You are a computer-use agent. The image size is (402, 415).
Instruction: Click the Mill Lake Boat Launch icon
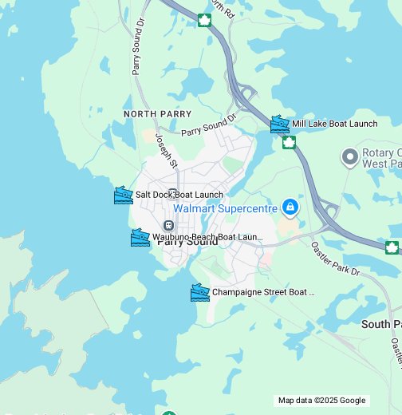click(279, 124)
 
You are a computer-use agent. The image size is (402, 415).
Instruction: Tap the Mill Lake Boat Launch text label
click(334, 124)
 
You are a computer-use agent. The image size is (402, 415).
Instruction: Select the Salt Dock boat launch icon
click(123, 195)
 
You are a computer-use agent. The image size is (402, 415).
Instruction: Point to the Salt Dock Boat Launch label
click(179, 195)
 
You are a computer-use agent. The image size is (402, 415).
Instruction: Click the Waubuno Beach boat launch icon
click(140, 237)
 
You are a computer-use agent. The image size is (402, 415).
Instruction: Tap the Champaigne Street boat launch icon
click(199, 292)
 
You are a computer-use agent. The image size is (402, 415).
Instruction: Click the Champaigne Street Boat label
click(263, 292)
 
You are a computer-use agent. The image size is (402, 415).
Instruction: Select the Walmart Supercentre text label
click(226, 208)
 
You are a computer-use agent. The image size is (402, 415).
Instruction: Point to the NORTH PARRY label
click(158, 114)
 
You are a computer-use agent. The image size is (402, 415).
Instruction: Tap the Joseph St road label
click(166, 152)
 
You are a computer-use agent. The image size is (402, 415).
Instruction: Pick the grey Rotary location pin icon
click(349, 156)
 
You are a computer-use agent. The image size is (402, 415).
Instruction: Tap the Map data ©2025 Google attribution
click(321, 401)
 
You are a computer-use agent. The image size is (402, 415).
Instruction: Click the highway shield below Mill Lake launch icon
click(289, 143)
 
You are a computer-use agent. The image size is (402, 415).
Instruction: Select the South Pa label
click(380, 324)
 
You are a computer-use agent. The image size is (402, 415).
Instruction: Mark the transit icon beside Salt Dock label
click(172, 194)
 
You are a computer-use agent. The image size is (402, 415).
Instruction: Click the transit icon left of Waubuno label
click(167, 226)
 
